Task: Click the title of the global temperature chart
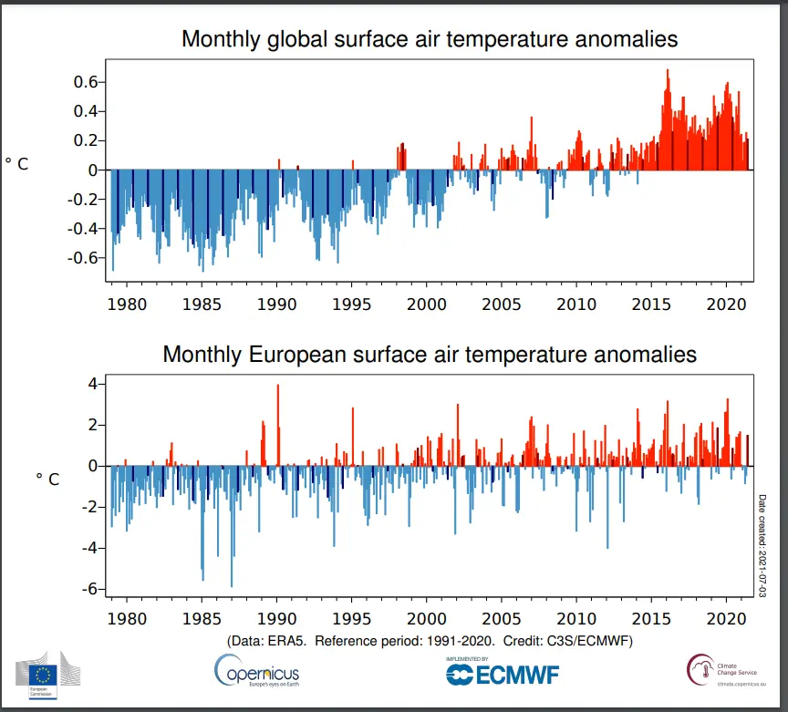[430, 39]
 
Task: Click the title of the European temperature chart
[430, 354]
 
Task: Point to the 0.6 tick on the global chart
[84, 82]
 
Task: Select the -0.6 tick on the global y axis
[81, 257]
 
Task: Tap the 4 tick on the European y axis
[90, 384]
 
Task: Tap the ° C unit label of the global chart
[17, 164]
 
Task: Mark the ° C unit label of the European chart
[47, 479]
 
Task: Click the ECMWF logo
[502, 672]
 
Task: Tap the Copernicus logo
[256, 673]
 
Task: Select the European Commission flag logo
[43, 675]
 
